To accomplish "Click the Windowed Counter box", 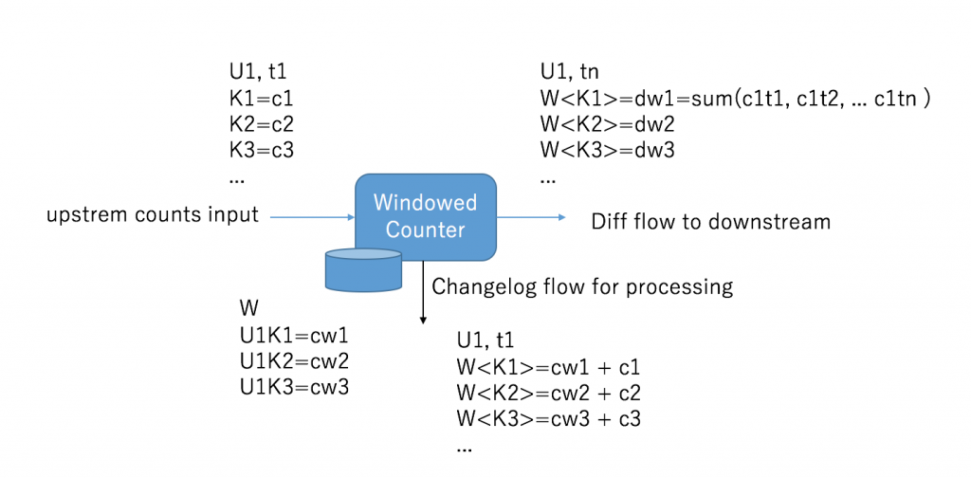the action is pyautogui.click(x=426, y=216).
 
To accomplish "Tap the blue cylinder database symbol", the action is pyautogui.click(x=363, y=269).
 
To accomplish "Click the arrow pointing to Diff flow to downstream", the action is pyautogui.click(x=531, y=216).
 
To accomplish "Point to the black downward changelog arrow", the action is pyautogui.click(x=424, y=291).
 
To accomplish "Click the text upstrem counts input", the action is pyautogui.click(x=153, y=216).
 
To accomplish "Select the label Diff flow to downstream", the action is pyautogui.click(x=711, y=222).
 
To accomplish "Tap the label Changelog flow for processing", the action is pyautogui.click(x=582, y=287).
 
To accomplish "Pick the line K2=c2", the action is pyautogui.click(x=262, y=124).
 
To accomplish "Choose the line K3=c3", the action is pyautogui.click(x=262, y=151).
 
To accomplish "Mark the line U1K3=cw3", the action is pyautogui.click(x=295, y=387).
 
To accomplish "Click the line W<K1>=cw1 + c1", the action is pyautogui.click(x=548, y=367).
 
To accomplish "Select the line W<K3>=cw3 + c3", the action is pyautogui.click(x=549, y=419).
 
